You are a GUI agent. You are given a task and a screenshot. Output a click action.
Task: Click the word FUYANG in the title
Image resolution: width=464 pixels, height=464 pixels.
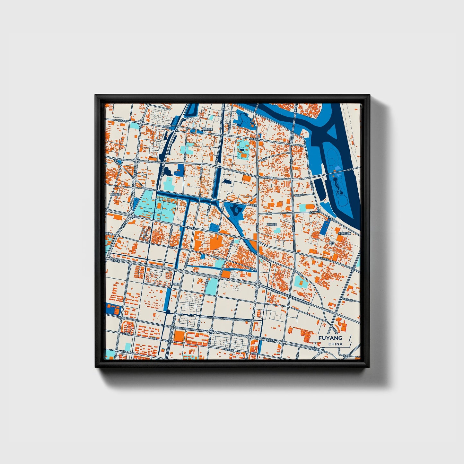pos(330,338)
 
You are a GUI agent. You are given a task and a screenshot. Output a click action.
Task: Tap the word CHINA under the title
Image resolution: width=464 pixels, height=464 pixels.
pos(335,344)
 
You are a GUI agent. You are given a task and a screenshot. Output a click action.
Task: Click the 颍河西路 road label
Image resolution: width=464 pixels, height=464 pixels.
pos(269,177)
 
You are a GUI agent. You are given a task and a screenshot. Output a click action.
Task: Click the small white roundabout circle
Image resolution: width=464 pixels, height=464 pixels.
pos(142,174)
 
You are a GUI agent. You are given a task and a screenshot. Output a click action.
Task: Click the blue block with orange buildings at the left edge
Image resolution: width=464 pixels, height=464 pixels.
pos(112,309)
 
